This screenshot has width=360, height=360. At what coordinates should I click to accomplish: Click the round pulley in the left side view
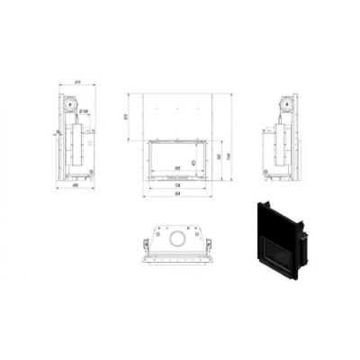point(68,103)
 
